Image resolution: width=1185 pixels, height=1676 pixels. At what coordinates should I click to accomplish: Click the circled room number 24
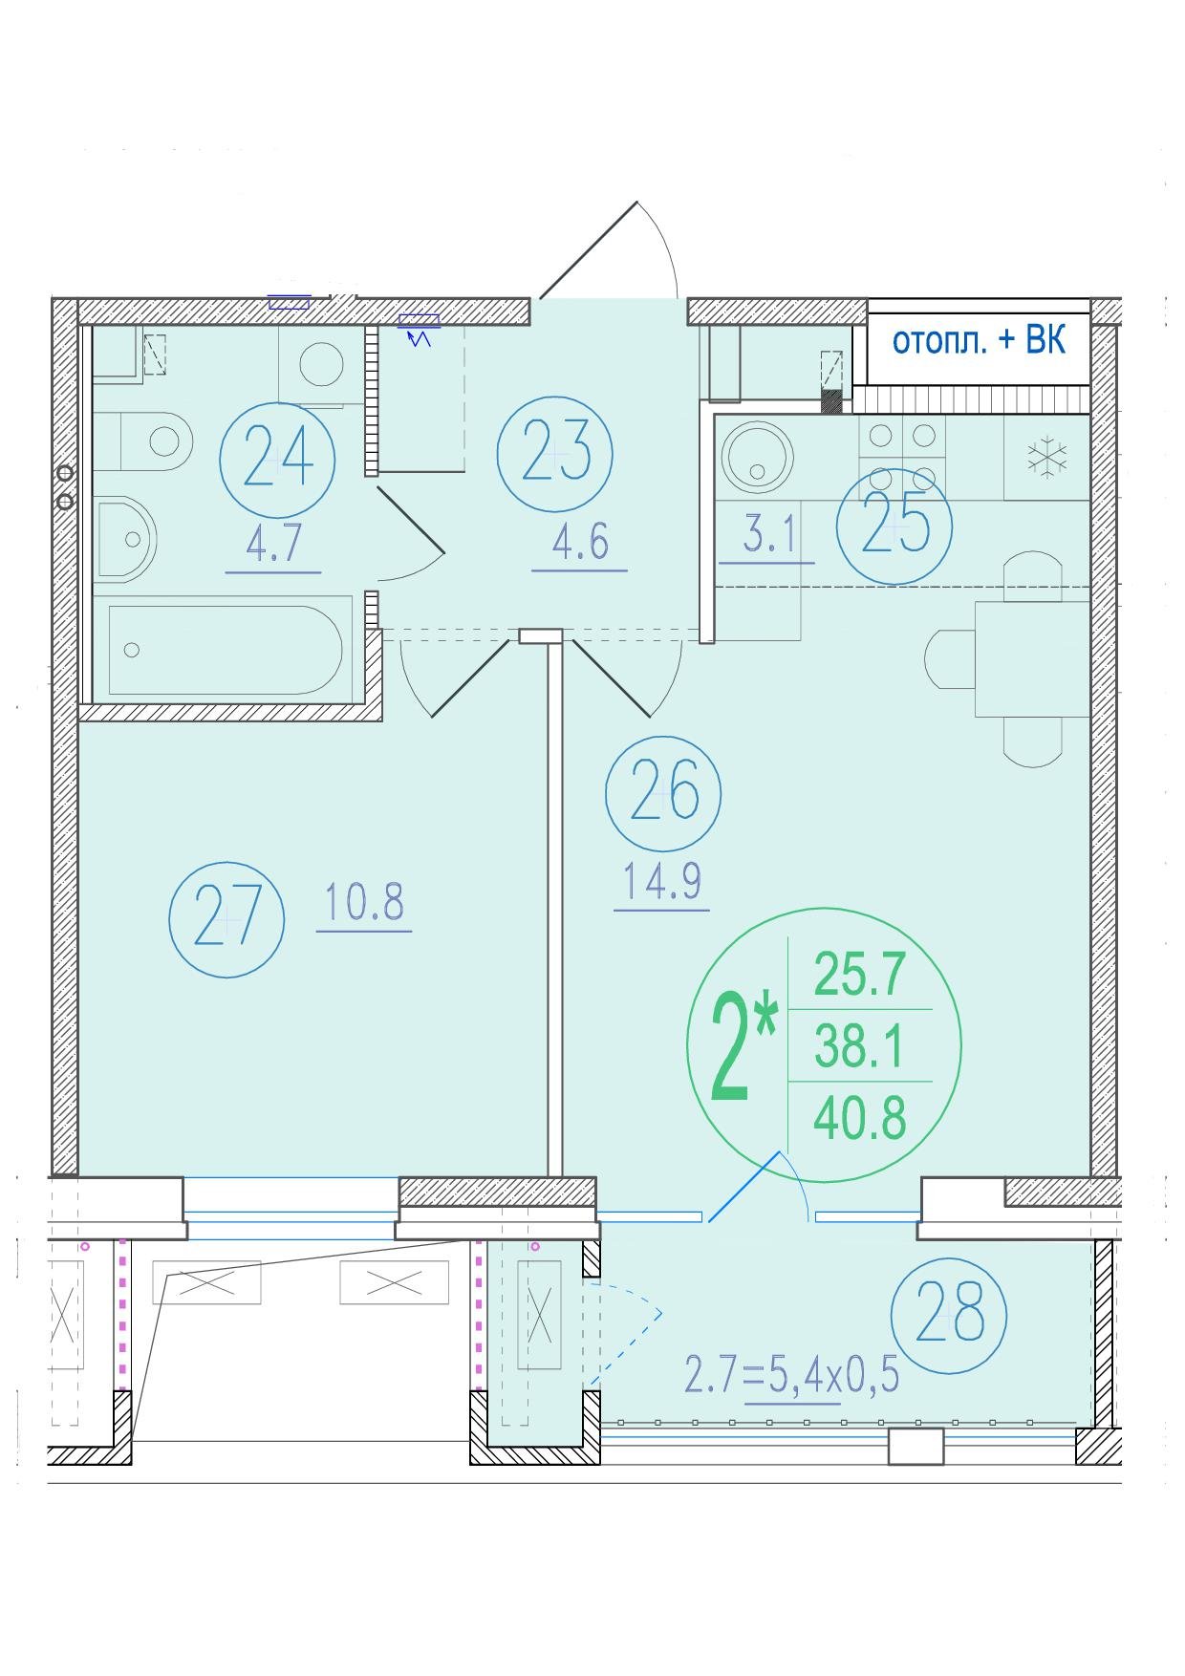point(278,459)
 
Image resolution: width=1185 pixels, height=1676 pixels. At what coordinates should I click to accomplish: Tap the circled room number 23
point(555,454)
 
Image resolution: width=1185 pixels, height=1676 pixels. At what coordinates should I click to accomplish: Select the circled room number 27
point(226,918)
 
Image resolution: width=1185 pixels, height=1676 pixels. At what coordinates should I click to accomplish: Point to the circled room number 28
point(949,1316)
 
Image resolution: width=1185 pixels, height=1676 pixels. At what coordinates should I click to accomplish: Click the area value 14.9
point(662,882)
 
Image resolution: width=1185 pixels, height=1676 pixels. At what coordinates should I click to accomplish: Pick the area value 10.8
point(364,902)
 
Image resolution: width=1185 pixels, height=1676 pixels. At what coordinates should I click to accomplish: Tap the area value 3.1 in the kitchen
point(770,537)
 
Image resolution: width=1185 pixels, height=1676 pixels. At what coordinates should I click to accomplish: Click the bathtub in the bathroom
point(226,650)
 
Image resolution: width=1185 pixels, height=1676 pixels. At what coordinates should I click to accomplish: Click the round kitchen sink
point(758,457)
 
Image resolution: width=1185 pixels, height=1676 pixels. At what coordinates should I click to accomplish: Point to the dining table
point(1032,658)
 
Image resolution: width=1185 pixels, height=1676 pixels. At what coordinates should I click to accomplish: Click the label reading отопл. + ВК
point(979,341)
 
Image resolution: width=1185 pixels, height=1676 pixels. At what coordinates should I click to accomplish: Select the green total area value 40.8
point(860,1118)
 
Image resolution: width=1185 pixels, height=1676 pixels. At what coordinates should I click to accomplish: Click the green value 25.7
point(859,976)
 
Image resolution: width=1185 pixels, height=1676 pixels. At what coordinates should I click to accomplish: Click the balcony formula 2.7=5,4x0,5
point(792,1376)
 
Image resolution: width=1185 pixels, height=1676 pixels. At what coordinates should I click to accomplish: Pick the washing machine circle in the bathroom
point(321,364)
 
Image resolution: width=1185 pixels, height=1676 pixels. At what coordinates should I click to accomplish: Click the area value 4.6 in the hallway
point(580,543)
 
